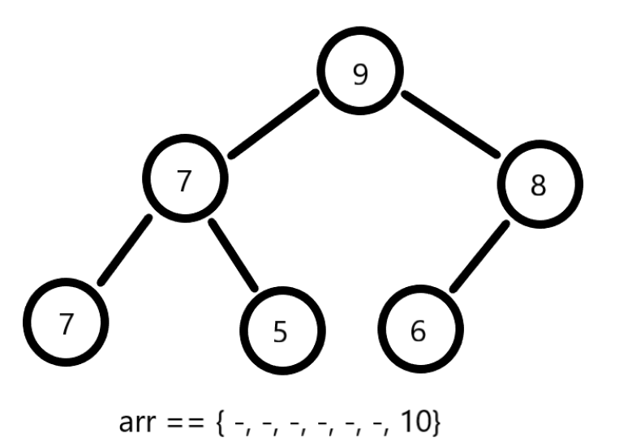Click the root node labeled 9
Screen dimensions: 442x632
click(360, 74)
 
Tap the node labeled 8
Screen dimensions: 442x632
click(538, 186)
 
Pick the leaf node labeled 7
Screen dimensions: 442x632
click(66, 322)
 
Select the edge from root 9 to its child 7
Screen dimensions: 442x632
click(273, 123)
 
